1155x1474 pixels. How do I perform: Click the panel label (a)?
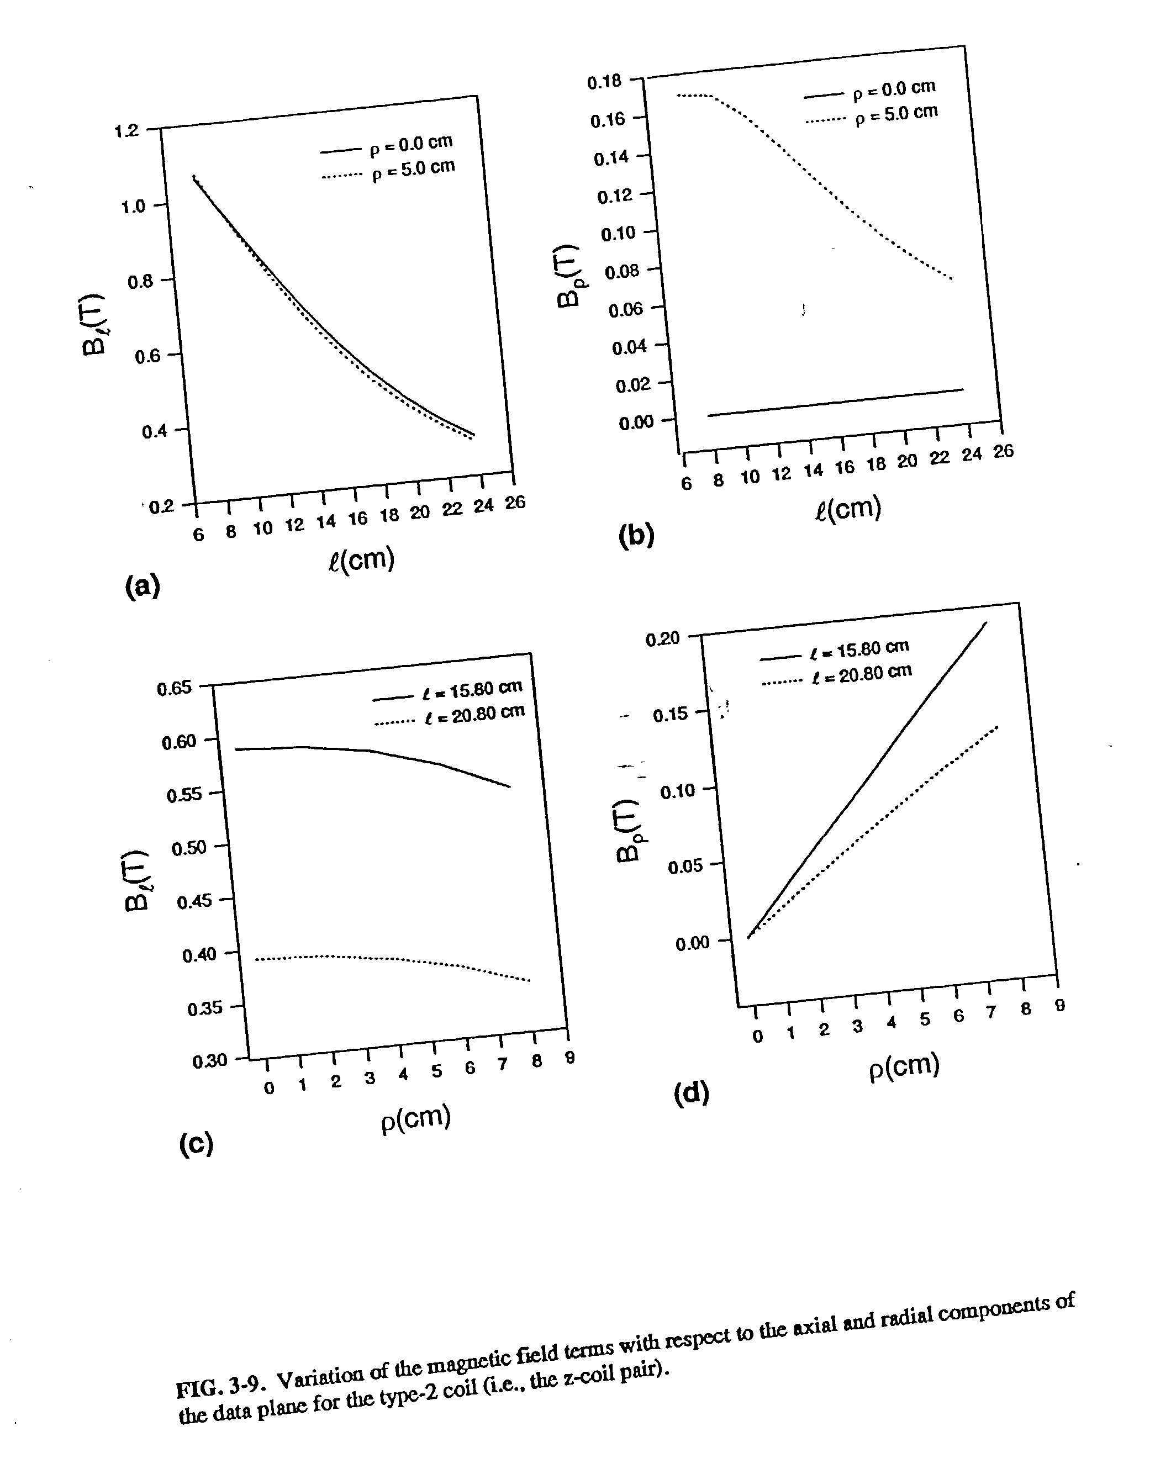pyautogui.click(x=143, y=585)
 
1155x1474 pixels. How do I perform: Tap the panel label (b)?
pyautogui.click(x=636, y=535)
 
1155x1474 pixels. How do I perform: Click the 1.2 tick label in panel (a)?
pyautogui.click(x=126, y=130)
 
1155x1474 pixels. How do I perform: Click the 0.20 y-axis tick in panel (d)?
pyautogui.click(x=663, y=639)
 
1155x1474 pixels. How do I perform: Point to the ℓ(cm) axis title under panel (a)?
pyautogui.click(x=361, y=560)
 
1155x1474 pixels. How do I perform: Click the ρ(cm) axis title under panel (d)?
pyautogui.click(x=904, y=1067)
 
